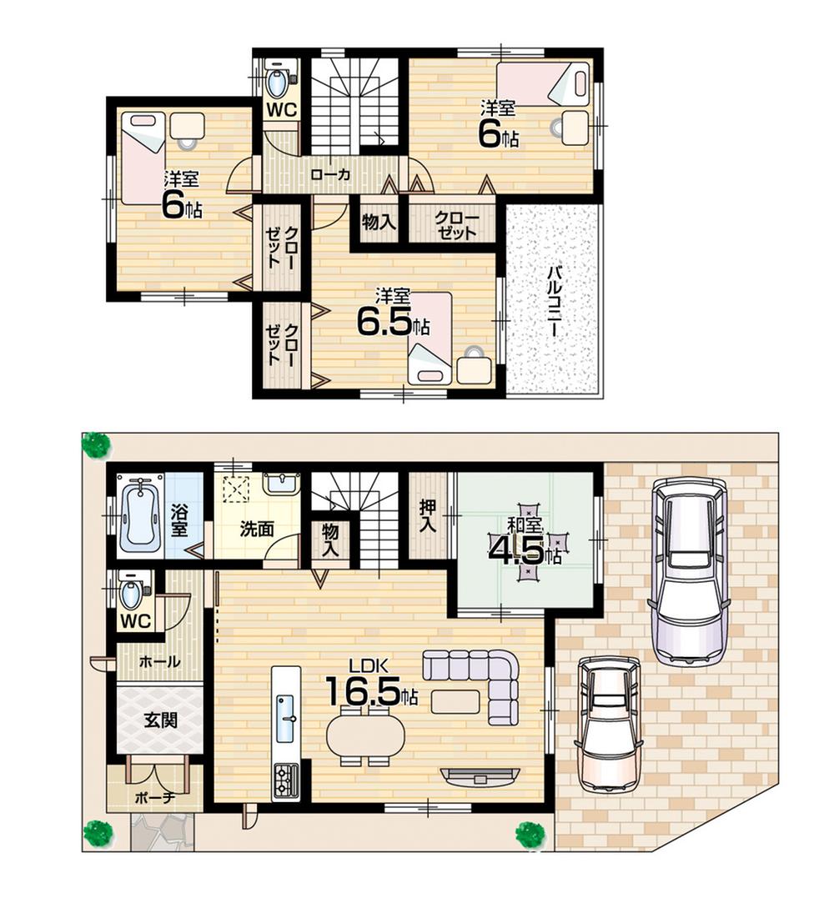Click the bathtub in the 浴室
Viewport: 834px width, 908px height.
point(139,515)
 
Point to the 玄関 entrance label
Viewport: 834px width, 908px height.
point(158,720)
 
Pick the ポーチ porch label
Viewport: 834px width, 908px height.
point(155,797)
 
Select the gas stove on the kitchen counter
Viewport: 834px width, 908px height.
point(285,780)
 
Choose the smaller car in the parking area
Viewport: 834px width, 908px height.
point(609,722)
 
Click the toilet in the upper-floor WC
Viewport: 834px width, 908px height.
point(277,82)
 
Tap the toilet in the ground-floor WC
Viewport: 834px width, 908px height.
point(132,593)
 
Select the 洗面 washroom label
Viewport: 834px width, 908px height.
point(257,529)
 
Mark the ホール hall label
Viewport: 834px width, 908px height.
point(158,662)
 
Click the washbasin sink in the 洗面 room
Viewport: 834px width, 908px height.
point(282,483)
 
